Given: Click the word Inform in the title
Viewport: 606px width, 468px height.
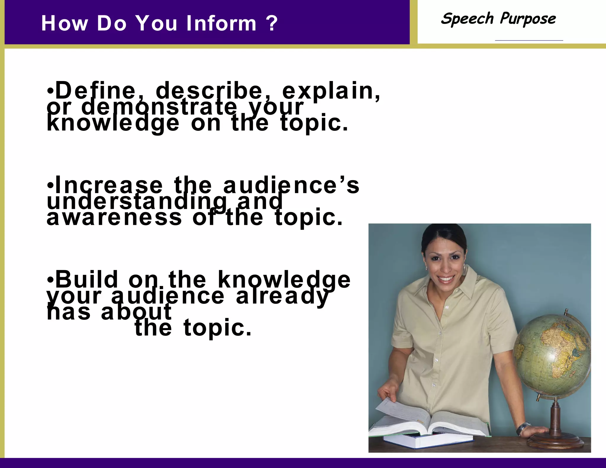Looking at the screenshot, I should (x=221, y=23).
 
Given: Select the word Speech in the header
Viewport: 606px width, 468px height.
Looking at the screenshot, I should (x=467, y=19).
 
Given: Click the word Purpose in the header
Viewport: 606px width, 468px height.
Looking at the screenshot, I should (x=528, y=19).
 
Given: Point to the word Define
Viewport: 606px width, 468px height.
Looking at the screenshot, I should (x=95, y=91).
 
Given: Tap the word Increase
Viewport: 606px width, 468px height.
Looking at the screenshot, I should (x=109, y=185).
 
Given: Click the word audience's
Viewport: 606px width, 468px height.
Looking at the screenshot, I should (x=291, y=185).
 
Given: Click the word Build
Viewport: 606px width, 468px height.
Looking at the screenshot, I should (x=87, y=280).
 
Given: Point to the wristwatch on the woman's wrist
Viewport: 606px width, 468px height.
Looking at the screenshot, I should (x=524, y=427).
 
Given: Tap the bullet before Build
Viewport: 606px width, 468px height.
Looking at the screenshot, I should (x=50, y=280).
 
